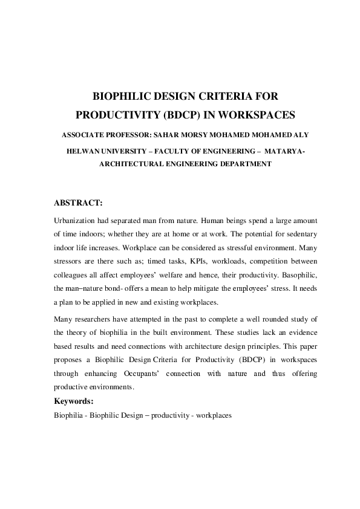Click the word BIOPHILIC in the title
coord(120,96)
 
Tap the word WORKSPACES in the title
coord(242,114)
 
